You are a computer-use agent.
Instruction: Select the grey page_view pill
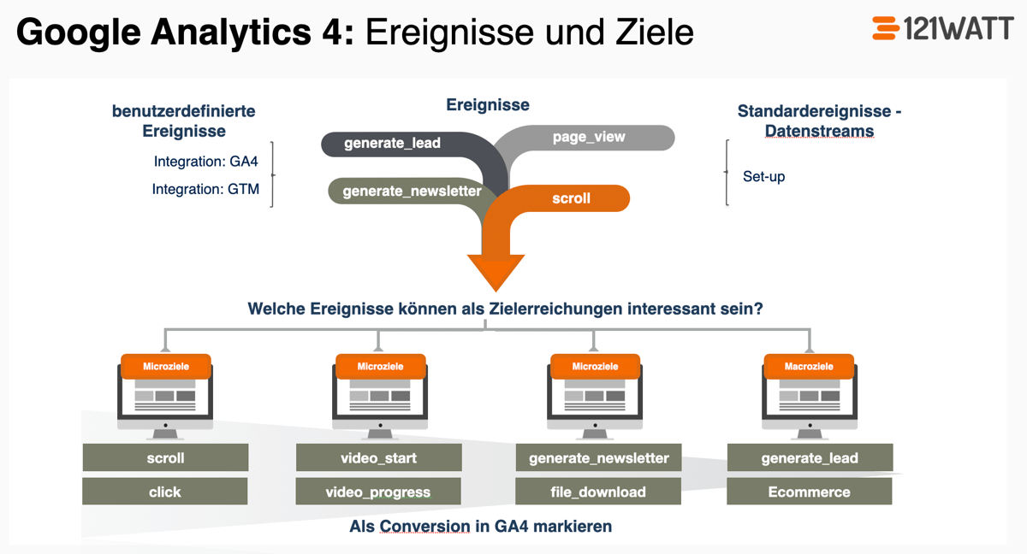coord(589,137)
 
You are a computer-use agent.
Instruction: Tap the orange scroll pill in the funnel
coord(571,198)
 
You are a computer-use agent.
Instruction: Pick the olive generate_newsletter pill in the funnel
coord(411,191)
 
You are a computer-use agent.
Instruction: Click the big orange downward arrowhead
coord(496,271)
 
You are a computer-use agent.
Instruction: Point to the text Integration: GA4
coord(205,162)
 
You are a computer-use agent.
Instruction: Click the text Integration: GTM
coord(205,189)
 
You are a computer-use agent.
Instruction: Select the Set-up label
coord(763,177)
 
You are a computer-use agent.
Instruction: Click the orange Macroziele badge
coord(809,367)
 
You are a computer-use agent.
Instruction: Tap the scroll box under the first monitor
coord(165,457)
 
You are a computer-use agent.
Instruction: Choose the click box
coord(165,492)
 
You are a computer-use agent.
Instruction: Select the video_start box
coord(378,457)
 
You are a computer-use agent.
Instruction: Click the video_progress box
coord(378,492)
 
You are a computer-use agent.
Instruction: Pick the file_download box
coord(598,492)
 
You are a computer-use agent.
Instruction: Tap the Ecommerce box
coord(809,492)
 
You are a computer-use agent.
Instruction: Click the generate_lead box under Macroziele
coord(810,457)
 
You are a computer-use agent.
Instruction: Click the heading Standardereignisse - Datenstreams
coord(819,121)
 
